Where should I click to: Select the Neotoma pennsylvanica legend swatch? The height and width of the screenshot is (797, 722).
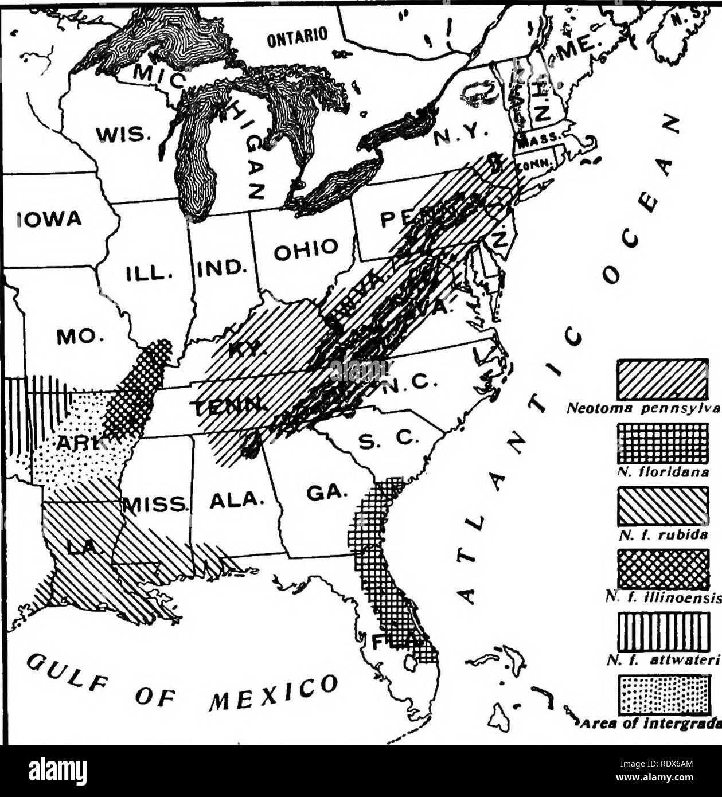662,380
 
